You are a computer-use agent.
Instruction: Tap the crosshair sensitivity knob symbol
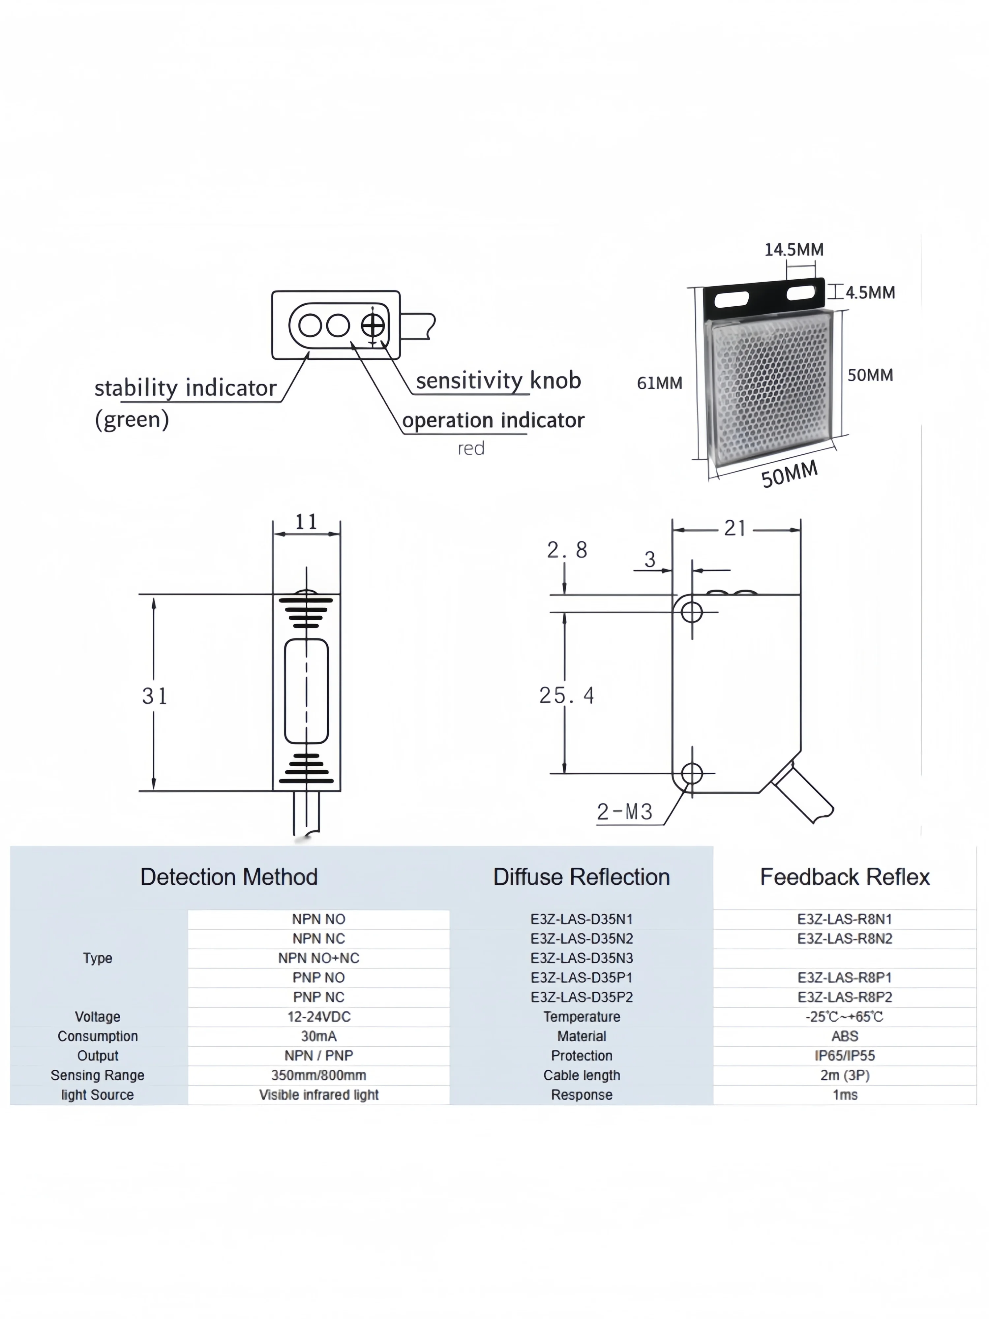(x=373, y=325)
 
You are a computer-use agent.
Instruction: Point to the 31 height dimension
(x=154, y=696)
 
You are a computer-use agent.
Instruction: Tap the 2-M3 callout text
(x=625, y=812)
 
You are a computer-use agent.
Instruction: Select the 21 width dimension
(x=735, y=528)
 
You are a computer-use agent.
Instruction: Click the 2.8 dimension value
(x=567, y=550)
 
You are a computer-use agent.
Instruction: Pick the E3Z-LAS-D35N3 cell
(x=581, y=958)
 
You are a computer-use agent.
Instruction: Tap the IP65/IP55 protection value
(x=845, y=1056)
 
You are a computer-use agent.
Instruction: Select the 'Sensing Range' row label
(x=98, y=1075)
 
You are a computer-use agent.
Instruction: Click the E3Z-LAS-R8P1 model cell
(x=845, y=977)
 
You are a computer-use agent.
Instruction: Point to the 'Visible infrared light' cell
(x=319, y=1095)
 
